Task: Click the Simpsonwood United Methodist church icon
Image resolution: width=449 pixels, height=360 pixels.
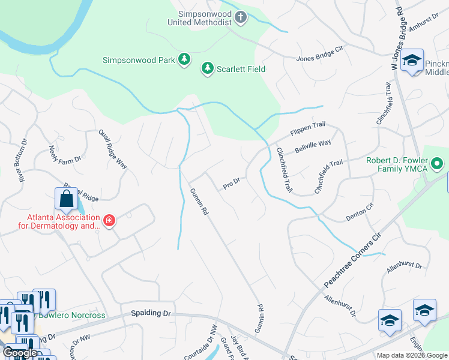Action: pyautogui.click(x=241, y=16)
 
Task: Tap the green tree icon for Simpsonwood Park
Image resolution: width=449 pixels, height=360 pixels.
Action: pyautogui.click(x=185, y=59)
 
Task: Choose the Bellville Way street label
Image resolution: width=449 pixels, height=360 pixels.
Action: pyautogui.click(x=312, y=146)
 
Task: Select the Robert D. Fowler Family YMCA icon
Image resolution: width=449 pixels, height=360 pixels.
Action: pyautogui.click(x=437, y=163)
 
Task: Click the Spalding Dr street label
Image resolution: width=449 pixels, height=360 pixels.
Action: pyautogui.click(x=151, y=314)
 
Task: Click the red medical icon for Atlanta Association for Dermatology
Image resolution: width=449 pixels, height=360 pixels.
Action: pyautogui.click(x=109, y=220)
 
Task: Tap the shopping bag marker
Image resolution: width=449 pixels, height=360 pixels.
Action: pyautogui.click(x=67, y=199)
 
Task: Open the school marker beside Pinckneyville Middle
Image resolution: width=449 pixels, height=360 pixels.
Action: pyautogui.click(x=412, y=60)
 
